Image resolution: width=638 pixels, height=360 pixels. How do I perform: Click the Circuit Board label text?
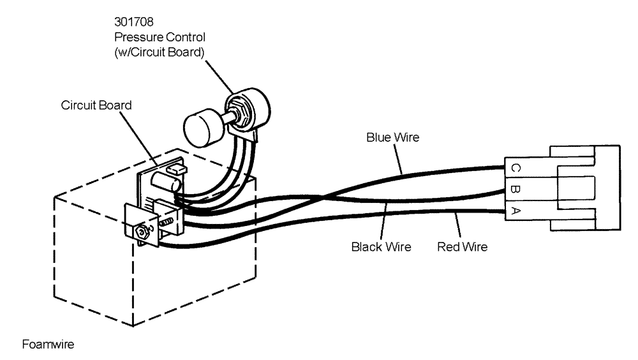(x=96, y=105)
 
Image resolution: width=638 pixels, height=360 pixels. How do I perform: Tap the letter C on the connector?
(x=515, y=168)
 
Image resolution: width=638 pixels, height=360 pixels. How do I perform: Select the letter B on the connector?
(x=515, y=190)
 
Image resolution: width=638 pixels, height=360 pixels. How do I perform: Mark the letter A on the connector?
(x=515, y=211)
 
